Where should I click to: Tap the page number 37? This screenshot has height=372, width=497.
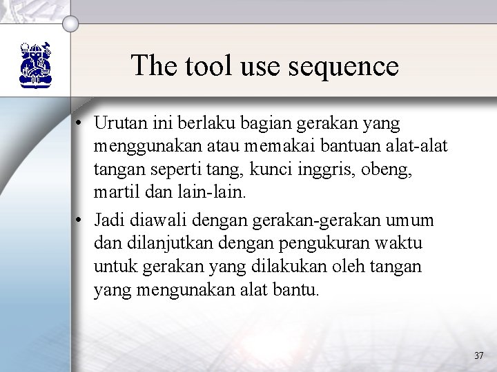point(479,355)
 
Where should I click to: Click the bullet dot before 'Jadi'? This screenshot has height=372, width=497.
point(81,221)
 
